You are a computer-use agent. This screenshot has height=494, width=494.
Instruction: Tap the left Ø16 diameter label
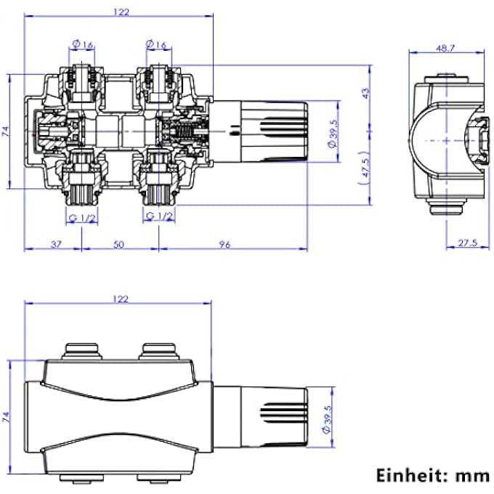click(84, 45)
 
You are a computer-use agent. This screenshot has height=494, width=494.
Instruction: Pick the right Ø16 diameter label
click(157, 45)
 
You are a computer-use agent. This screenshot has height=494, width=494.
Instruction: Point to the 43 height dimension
click(366, 93)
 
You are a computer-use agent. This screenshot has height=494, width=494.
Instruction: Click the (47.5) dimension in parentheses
click(366, 173)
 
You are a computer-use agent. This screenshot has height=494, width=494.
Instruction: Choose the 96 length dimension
click(224, 245)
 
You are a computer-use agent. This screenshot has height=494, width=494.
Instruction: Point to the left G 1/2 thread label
click(83, 217)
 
